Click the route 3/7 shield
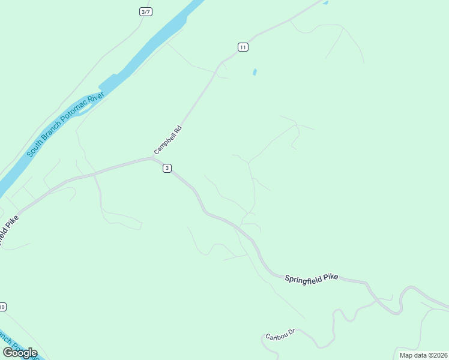(x=145, y=11)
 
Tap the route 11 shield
(x=243, y=47)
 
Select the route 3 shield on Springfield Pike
(x=167, y=169)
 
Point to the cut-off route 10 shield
(x=3, y=307)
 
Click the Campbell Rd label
(x=167, y=140)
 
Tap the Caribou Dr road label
(x=280, y=334)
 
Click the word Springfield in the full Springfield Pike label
(x=304, y=278)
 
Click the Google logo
(x=20, y=352)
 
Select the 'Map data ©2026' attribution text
(x=423, y=355)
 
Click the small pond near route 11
(x=255, y=72)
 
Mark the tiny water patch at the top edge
(x=325, y=2)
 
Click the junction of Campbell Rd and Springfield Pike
(x=152, y=158)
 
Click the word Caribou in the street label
(x=276, y=335)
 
